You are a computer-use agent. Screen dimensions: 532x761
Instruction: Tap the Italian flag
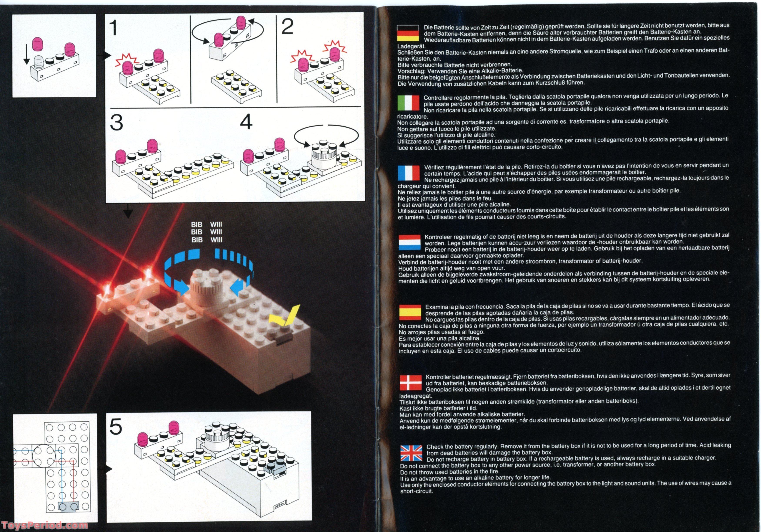(x=408, y=103)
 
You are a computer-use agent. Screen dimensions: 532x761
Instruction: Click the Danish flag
(x=411, y=383)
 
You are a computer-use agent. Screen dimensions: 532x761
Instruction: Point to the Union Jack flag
(x=411, y=453)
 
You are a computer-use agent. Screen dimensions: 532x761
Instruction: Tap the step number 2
(x=287, y=26)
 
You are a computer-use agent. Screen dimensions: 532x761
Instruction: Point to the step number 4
(x=246, y=122)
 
